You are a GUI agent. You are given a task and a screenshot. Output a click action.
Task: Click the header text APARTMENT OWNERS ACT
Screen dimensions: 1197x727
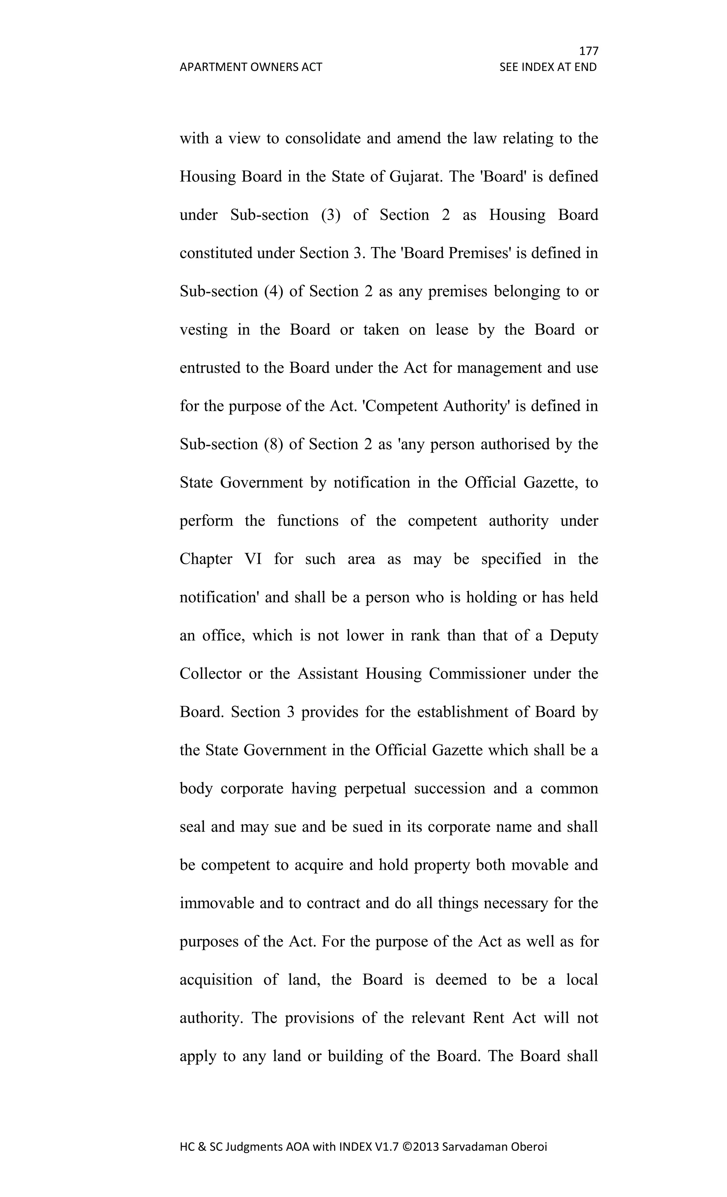251,67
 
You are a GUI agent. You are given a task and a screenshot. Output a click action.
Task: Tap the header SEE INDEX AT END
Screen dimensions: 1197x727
548,67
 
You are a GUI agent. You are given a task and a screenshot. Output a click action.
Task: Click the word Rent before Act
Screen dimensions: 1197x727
488,1018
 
